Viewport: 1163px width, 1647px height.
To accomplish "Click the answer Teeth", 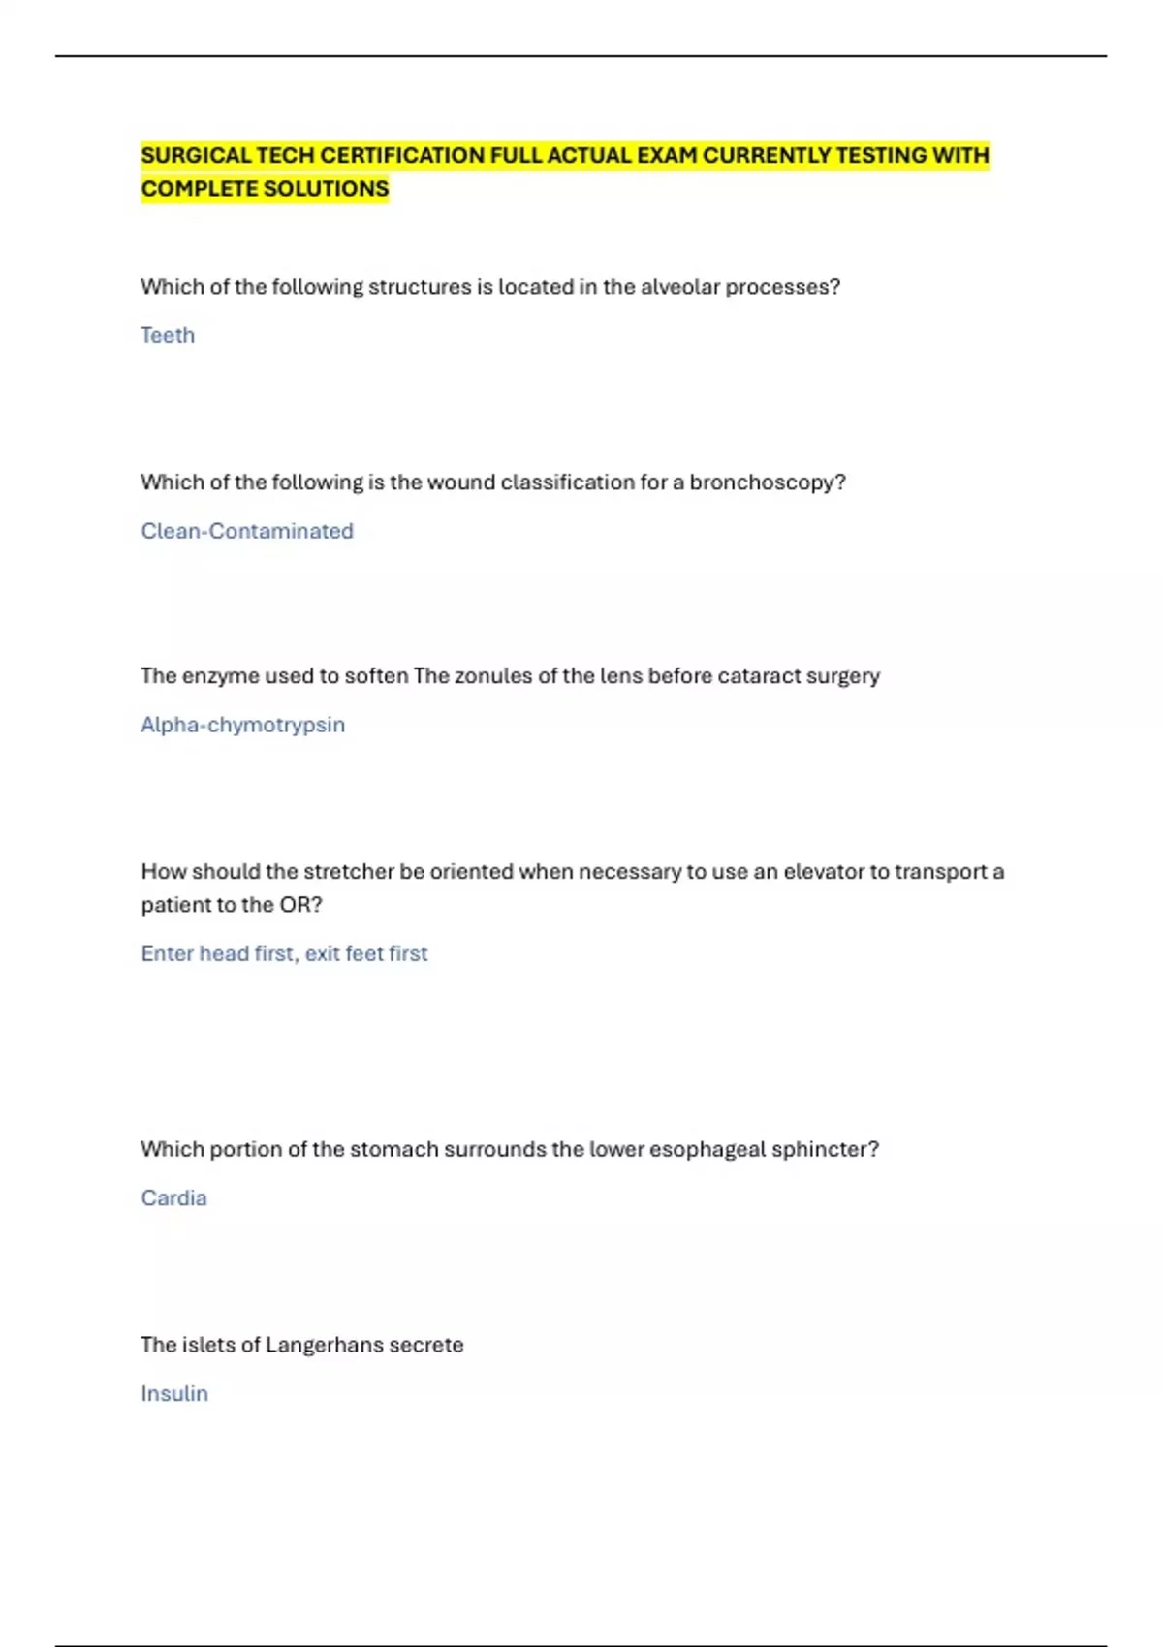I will [168, 335].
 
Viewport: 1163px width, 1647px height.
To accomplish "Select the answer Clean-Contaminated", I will [247, 531].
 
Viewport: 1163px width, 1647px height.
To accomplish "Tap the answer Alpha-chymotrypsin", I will [242, 725].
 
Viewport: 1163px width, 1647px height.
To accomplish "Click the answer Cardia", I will [173, 1197].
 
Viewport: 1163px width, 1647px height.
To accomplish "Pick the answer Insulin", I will [174, 1393].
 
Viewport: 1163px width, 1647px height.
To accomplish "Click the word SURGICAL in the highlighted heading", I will [197, 156].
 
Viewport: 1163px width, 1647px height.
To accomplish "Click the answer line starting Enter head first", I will [284, 953].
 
